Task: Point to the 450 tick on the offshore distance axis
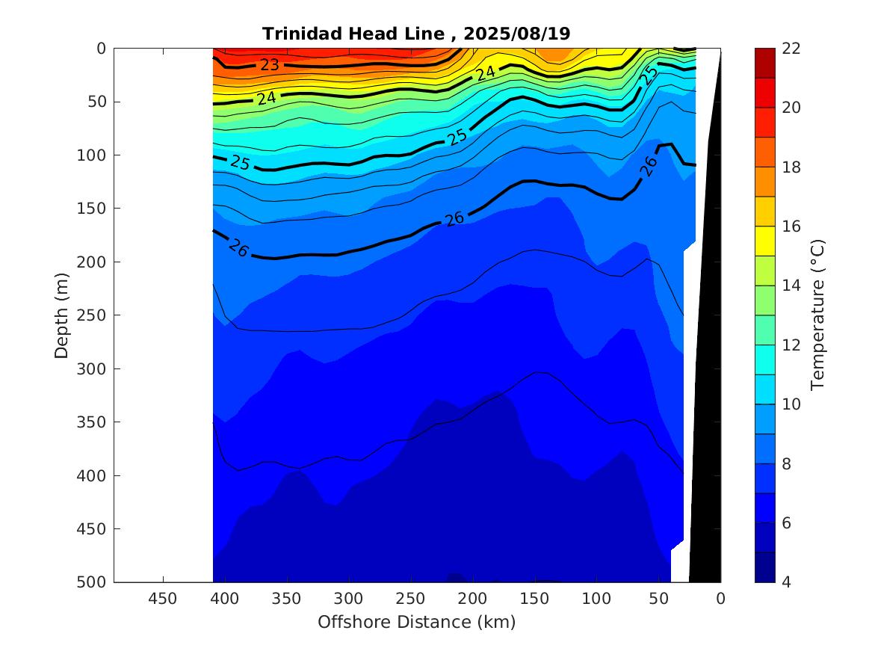click(163, 598)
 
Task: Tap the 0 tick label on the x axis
click(720, 598)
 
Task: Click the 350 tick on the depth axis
click(94, 422)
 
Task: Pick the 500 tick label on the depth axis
click(94, 582)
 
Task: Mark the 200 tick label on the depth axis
click(94, 262)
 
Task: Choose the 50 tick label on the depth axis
click(98, 102)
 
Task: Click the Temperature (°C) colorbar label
click(817, 315)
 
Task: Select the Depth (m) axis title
click(63, 315)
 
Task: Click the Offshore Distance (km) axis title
click(416, 622)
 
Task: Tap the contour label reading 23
click(269, 65)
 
